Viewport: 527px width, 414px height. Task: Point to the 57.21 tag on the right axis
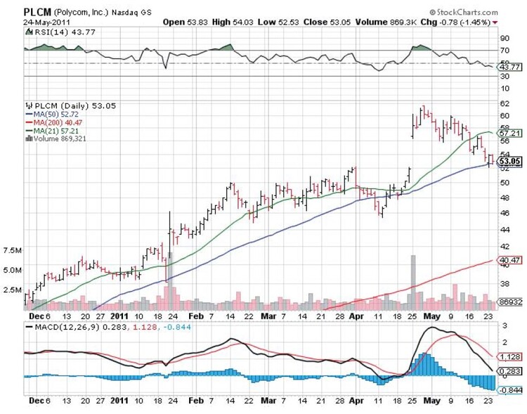pyautogui.click(x=508, y=132)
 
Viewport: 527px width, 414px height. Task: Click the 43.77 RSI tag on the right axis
pyautogui.click(x=509, y=67)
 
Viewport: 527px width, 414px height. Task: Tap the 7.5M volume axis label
pyautogui.click(x=13, y=250)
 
